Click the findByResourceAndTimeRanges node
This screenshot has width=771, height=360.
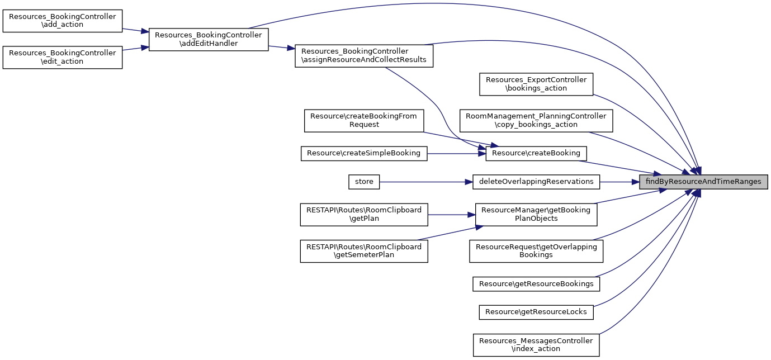click(703, 182)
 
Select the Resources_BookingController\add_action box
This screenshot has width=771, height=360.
click(63, 21)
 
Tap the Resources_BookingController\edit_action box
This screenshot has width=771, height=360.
click(63, 57)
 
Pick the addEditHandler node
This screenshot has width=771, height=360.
click(209, 39)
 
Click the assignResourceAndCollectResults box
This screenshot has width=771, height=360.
click(364, 55)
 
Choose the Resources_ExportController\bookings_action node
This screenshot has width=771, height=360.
click(536, 84)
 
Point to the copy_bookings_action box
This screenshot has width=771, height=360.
click(536, 120)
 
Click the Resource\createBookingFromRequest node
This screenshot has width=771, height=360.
click(364, 120)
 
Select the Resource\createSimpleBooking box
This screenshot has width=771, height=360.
click(364, 153)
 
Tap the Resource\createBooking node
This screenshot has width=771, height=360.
click(536, 153)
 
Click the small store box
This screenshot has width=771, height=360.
click(364, 182)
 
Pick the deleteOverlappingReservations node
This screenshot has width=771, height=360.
click(536, 182)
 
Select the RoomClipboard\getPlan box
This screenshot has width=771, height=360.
click(364, 214)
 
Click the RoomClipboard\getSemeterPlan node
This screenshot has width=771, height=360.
click(364, 250)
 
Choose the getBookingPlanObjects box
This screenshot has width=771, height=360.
click(536, 214)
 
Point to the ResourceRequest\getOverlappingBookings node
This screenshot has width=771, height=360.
click(536, 250)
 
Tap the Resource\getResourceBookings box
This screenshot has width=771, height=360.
click(536, 284)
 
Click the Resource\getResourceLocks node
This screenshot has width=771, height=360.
click(536, 312)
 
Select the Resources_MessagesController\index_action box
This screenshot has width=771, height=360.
click(536, 344)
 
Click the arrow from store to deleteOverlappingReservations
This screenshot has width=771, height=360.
click(425, 182)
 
